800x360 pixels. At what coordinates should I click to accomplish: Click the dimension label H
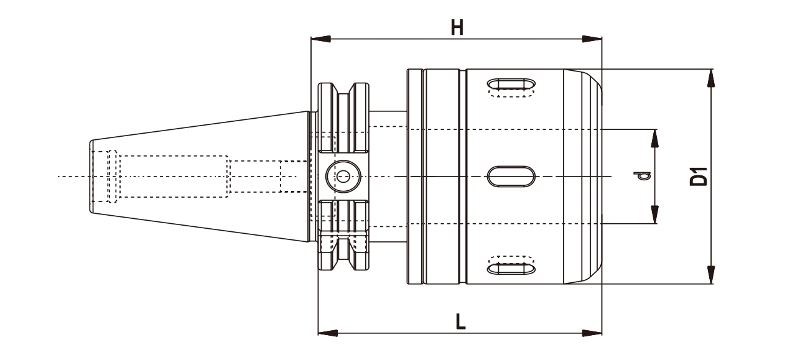[x=457, y=28]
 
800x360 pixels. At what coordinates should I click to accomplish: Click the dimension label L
[x=459, y=321]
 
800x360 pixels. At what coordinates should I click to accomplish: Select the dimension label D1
[x=700, y=177]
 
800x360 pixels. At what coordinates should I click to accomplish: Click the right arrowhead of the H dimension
[x=593, y=39]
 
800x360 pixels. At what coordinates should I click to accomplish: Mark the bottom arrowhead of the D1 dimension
[x=712, y=276]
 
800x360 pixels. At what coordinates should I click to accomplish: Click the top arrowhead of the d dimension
[x=655, y=137]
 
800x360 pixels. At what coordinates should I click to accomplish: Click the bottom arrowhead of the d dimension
[x=655, y=215]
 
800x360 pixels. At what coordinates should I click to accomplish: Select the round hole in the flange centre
[x=342, y=177]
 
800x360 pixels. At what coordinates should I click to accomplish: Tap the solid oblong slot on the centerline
[x=510, y=176]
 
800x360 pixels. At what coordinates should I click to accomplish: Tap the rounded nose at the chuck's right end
[x=594, y=177]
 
